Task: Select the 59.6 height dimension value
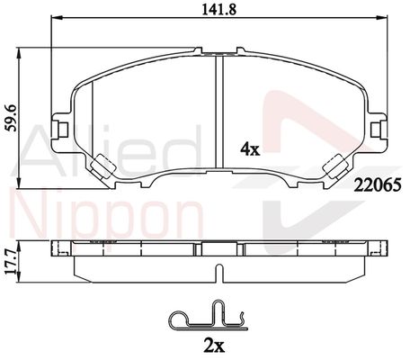click(12, 119)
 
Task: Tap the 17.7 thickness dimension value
click(12, 262)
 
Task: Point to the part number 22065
click(378, 184)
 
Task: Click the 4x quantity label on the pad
click(250, 149)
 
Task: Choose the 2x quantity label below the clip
click(213, 346)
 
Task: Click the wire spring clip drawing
click(209, 319)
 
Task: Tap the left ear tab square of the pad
click(63, 130)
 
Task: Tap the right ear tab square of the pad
click(376, 130)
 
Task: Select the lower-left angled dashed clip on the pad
click(102, 166)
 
